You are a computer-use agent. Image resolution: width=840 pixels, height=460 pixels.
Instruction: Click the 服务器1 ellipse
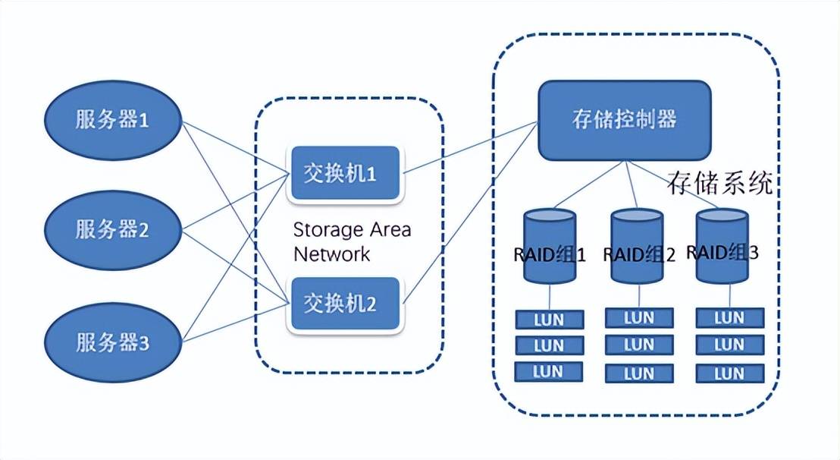click(x=112, y=119)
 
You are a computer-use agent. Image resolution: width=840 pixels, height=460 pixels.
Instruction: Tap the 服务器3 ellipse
click(x=112, y=342)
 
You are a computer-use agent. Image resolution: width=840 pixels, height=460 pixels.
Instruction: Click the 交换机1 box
click(x=344, y=173)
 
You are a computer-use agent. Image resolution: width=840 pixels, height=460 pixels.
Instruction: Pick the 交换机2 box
click(x=344, y=304)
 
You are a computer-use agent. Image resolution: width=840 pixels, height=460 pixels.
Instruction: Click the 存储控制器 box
click(x=624, y=120)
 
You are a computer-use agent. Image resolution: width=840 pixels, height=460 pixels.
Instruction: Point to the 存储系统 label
click(x=719, y=182)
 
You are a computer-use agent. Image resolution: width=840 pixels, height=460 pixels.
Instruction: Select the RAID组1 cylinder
click(x=550, y=247)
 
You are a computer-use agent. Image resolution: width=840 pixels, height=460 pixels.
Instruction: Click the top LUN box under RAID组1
click(x=549, y=320)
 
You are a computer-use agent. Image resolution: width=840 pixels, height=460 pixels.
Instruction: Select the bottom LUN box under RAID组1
click(x=549, y=371)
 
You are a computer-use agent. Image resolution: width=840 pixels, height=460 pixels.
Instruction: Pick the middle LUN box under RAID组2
click(x=638, y=345)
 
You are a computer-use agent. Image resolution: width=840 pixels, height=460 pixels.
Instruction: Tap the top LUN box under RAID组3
click(x=729, y=317)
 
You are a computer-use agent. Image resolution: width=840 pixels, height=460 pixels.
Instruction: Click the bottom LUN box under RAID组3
click(x=729, y=373)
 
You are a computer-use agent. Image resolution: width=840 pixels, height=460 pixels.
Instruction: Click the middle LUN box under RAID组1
click(x=549, y=345)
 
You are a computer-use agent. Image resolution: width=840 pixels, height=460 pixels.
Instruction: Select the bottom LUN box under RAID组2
click(x=638, y=373)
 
